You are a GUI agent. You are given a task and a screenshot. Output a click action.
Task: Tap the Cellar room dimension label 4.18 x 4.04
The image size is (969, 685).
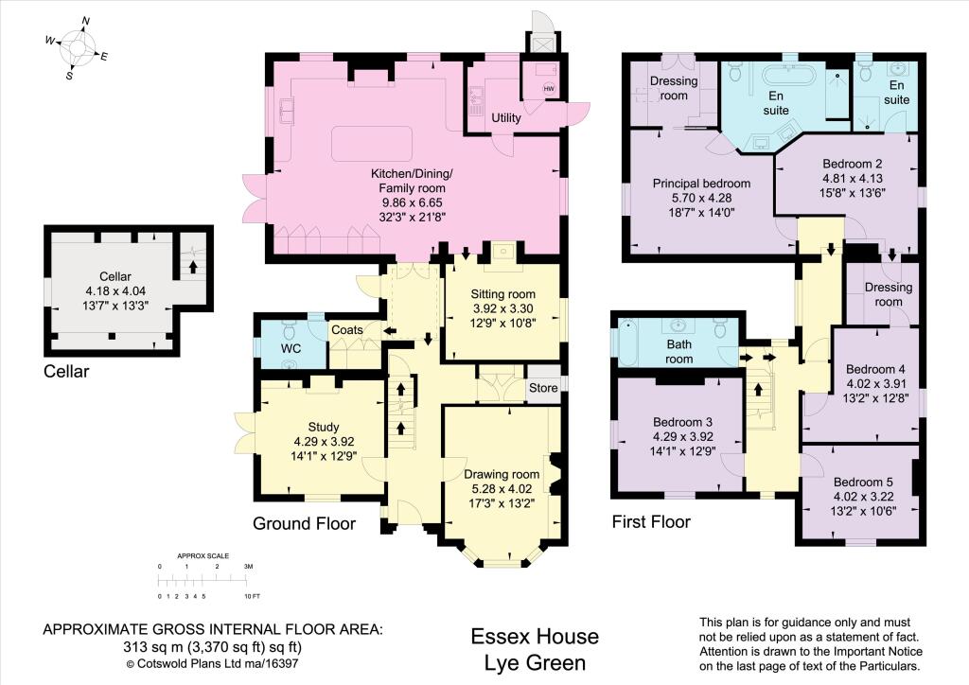pos(115,290)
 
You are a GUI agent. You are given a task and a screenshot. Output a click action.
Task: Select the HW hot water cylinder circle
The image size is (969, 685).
pos(549,89)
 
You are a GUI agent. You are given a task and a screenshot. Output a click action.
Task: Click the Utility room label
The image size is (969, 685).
pos(506,117)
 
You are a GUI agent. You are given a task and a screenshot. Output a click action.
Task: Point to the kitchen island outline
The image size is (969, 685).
pos(372,144)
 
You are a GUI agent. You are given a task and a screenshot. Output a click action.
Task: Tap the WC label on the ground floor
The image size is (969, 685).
pos(291,348)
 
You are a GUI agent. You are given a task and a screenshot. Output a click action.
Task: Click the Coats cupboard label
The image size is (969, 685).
pos(346,330)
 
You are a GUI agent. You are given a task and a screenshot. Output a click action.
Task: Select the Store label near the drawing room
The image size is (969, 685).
pos(543,388)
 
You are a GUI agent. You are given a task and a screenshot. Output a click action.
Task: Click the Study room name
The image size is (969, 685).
pos(324,427)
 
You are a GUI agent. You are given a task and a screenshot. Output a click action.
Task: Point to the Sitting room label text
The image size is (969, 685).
pos(503,294)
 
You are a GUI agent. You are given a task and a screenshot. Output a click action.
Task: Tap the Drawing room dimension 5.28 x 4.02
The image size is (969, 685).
pos(502,488)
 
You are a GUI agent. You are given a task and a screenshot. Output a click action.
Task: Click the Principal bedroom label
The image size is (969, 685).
pos(701,184)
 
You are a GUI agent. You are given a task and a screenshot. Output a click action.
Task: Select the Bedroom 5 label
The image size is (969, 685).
pos(863,482)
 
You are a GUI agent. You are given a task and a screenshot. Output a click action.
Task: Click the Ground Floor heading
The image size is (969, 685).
pos(304,524)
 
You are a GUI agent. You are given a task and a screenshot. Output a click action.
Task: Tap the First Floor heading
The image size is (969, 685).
pos(651,522)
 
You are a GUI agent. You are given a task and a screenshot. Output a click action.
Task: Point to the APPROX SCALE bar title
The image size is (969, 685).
pos(203,556)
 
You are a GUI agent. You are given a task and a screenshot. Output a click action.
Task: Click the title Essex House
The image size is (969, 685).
pos(535,636)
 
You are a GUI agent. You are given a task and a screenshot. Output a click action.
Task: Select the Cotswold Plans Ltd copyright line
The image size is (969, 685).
pos(213,664)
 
